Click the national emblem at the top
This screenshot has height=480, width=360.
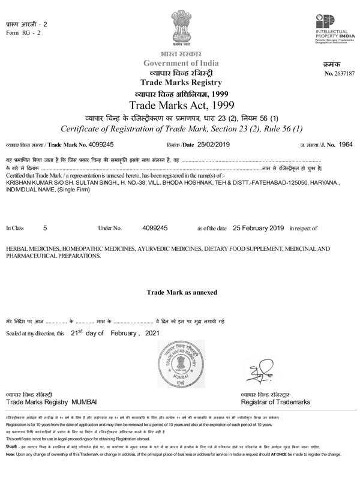point(180,28)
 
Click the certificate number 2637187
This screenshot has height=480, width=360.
point(343,73)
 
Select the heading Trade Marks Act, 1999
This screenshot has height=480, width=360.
point(180,106)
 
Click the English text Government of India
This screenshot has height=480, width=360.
point(180,64)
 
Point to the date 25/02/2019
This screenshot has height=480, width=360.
point(214,145)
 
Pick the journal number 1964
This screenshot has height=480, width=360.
point(347,145)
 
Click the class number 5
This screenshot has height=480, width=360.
point(46,229)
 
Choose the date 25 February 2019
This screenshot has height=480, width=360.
point(258,229)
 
